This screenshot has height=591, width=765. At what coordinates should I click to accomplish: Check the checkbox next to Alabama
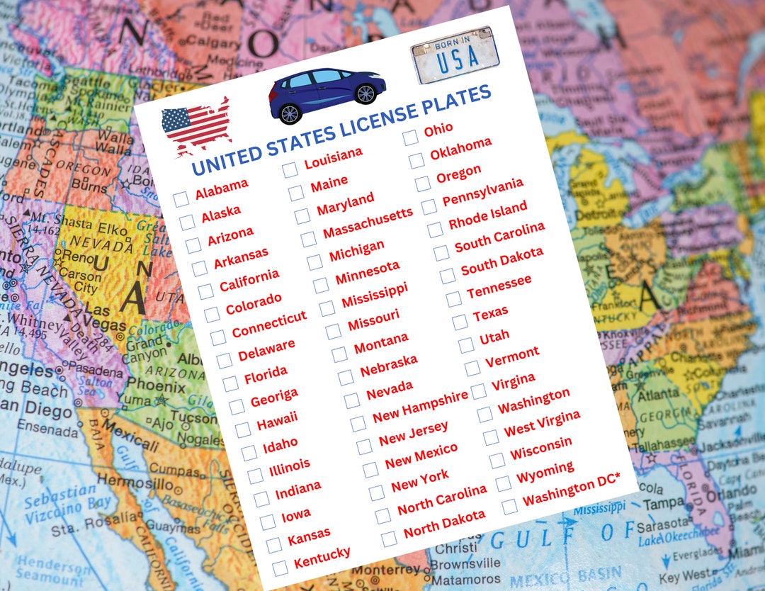point(181,199)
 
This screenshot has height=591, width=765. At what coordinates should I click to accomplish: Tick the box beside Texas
point(460,322)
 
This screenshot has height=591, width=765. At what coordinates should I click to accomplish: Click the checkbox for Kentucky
point(280,568)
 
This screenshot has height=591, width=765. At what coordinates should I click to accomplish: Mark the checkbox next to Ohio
point(411,138)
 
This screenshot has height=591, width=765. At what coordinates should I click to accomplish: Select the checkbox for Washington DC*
point(509,506)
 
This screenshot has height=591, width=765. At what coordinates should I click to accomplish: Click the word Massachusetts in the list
point(367,223)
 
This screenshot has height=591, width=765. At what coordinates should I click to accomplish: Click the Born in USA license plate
point(455,55)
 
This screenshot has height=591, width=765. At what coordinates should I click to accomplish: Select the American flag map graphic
point(196,126)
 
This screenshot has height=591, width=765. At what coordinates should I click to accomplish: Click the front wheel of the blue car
point(365,94)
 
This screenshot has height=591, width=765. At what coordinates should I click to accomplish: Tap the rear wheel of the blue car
point(289,113)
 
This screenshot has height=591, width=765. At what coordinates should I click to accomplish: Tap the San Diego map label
point(35,411)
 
